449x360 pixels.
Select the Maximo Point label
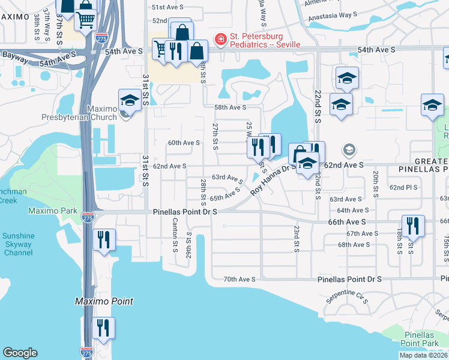104,301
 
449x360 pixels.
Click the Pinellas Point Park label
419,344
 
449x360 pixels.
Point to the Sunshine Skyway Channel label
18,244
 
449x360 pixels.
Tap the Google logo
20,353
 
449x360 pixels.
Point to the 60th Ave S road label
184,143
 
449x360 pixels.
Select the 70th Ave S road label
240,280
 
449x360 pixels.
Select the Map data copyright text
423,355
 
